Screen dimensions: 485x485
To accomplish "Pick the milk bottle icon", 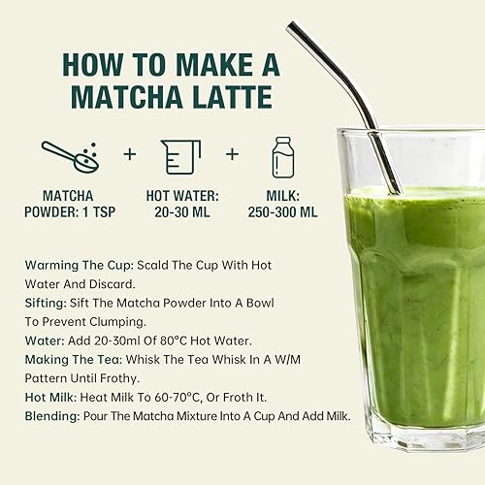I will [x=280, y=154].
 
